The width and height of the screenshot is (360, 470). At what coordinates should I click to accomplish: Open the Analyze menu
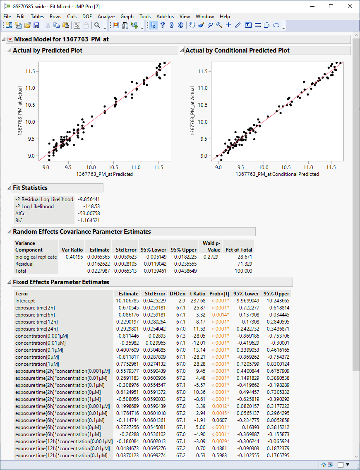[106, 17]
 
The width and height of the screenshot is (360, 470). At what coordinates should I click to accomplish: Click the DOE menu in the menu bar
[87, 17]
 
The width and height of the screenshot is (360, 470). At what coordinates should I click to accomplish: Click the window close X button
[350, 6]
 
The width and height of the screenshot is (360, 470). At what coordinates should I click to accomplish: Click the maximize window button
[331, 6]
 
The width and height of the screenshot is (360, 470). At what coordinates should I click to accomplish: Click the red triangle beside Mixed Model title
[10, 39]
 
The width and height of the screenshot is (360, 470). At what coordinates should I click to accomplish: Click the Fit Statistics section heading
[30, 188]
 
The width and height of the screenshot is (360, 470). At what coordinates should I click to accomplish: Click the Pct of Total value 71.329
[244, 264]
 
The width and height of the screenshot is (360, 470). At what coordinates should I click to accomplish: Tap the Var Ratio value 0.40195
[74, 257]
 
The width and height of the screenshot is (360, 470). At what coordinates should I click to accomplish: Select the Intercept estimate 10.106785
[127, 301]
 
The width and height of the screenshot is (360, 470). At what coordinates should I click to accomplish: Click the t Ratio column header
[197, 294]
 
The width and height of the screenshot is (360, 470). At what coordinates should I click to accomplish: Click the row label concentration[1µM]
[37, 364]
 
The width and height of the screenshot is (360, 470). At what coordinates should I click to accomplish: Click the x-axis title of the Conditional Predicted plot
[277, 174]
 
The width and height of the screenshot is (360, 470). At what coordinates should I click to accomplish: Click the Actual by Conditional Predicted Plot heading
[238, 50]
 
